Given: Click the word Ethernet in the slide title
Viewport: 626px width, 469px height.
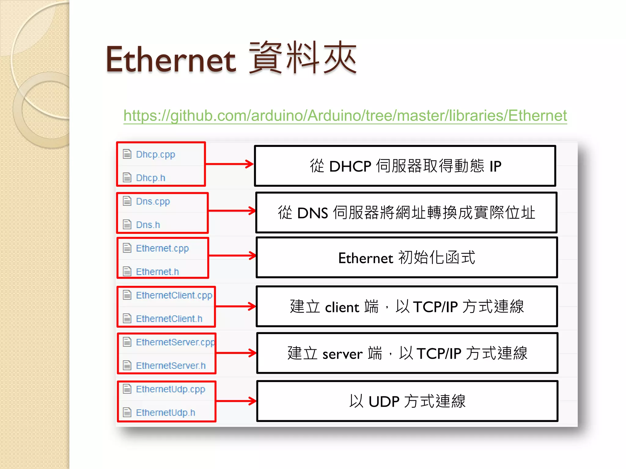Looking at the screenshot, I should coord(171,60).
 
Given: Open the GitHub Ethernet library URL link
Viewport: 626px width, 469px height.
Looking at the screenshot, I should coord(345,116).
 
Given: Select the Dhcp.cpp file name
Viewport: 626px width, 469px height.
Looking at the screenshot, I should coord(155,155).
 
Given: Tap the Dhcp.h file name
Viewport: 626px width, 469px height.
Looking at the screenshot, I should coord(150,178).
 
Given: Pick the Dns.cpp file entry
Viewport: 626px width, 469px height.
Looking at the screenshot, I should coord(153,202).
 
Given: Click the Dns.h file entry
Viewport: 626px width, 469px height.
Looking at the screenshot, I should coord(148,225).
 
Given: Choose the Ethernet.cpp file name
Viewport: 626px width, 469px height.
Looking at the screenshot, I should coord(162,249).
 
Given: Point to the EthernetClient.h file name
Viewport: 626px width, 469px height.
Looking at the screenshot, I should coord(169,319).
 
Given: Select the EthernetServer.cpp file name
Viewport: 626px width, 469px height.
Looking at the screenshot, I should coord(175,342).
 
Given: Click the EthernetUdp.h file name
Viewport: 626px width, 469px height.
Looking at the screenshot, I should coord(165,413).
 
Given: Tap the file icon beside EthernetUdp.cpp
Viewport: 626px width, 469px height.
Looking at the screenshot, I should coord(127,389).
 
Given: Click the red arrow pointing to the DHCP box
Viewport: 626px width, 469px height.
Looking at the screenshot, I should coord(229,164).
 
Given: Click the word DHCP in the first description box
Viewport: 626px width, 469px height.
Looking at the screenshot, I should coord(350,167).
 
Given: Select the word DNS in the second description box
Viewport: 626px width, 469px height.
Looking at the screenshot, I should coord(312,213).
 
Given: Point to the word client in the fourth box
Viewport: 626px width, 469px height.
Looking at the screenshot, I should coord(342,307).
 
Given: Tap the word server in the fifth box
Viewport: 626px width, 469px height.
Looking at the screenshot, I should coord(342,354).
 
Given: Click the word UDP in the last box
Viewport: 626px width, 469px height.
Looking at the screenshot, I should coord(384,402).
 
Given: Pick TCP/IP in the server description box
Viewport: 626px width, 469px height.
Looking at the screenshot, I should coord(439,354).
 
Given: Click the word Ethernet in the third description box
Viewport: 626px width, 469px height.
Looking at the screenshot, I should coord(365,258).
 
